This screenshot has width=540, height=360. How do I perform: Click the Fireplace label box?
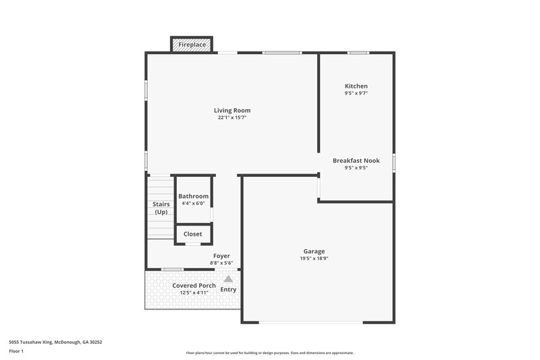(x=192, y=45)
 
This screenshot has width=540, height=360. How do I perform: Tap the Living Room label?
(x=232, y=110)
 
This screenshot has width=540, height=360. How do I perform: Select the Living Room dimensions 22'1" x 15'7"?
(x=232, y=118)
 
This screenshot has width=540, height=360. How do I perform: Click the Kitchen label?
(x=356, y=86)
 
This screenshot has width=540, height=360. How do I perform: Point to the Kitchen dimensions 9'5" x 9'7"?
(x=356, y=93)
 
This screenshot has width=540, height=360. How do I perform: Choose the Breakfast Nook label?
(x=356, y=161)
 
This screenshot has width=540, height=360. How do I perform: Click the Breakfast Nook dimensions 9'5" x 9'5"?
(x=356, y=168)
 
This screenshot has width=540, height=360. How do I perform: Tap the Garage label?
(x=314, y=251)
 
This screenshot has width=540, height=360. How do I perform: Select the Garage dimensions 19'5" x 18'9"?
(x=314, y=258)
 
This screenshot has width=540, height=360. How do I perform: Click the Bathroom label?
(x=194, y=196)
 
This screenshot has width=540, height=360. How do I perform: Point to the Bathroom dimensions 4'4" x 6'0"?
(x=194, y=203)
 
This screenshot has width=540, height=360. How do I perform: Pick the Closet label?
(x=193, y=234)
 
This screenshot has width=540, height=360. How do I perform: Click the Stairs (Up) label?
(x=161, y=208)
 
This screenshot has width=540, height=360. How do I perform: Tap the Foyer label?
(x=221, y=256)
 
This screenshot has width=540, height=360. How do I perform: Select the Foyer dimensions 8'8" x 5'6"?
(x=221, y=263)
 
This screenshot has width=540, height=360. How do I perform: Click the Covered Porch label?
(x=194, y=286)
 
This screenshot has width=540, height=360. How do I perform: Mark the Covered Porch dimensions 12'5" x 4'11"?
(x=194, y=293)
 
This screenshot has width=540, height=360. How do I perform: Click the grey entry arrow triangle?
(x=228, y=278)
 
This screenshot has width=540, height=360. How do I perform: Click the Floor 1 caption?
(x=16, y=351)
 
